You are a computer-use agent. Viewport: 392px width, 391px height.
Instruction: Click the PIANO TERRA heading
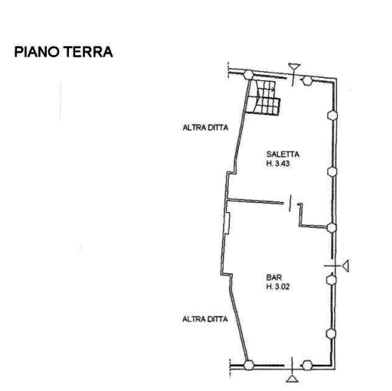pos(64,52)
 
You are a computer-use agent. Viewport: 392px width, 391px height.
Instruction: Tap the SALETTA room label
pos(283,154)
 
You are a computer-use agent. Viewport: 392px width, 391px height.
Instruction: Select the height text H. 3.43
pos(278,164)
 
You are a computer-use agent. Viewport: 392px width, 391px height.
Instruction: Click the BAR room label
pos(274,277)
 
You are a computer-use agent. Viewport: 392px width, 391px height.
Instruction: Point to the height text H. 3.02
pos(278,287)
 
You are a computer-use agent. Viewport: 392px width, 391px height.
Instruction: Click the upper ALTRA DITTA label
pos(205,128)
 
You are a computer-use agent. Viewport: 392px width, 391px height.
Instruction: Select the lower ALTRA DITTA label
pos(205,319)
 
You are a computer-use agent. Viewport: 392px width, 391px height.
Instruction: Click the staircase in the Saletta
pos(264,97)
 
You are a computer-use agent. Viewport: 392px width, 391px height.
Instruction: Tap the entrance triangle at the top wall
pos(294,67)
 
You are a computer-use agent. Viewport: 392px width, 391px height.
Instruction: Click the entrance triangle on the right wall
pos(346,266)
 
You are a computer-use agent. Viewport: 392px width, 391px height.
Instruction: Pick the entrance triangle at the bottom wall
pos(292,379)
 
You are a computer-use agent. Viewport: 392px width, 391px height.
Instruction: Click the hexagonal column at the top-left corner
pos(248,75)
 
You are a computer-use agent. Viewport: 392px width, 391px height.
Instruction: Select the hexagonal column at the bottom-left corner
pos(249,365)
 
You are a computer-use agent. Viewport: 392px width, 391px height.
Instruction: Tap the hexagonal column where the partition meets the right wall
pos(332,227)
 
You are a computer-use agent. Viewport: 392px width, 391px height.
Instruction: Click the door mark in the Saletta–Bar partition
pos(290,203)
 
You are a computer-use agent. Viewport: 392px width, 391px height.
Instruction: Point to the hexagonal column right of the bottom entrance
pos(307,365)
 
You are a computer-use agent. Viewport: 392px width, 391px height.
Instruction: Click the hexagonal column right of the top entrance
pos(307,80)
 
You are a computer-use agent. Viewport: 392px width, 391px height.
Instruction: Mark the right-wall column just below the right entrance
pos(332,279)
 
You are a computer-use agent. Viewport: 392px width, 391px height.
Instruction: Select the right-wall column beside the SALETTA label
pos(332,171)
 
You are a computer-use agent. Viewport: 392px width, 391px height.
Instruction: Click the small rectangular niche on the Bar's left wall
pos(228,223)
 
